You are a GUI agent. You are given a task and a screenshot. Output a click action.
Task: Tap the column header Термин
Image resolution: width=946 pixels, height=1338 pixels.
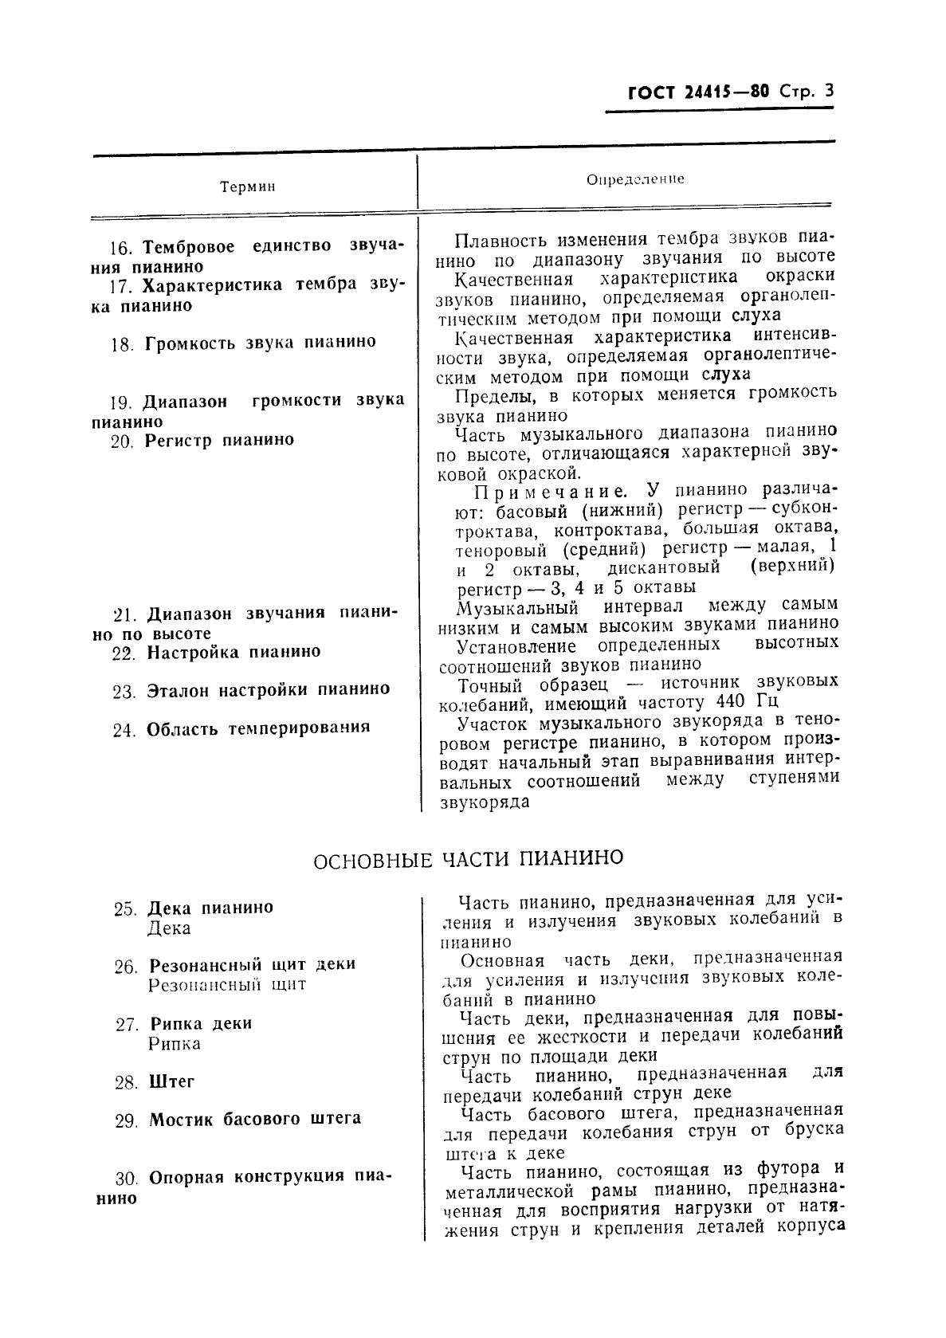coord(248,187)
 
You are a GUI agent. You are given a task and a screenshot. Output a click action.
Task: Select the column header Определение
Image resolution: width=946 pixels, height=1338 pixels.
coord(635,180)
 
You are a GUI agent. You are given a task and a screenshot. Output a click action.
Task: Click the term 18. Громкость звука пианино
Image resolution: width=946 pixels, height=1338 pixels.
coord(243,343)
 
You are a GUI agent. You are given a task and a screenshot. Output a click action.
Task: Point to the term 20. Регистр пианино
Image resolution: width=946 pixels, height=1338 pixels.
coord(202,441)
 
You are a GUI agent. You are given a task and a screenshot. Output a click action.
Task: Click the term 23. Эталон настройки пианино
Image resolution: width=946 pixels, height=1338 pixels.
coord(251,690)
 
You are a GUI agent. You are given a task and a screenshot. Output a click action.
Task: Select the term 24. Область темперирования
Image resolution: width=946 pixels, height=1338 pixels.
coord(241,728)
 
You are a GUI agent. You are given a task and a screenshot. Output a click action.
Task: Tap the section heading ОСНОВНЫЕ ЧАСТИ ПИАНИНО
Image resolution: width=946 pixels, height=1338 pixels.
coord(468,859)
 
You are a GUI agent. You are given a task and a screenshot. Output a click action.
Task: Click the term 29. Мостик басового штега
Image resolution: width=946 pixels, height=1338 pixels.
coord(237,1120)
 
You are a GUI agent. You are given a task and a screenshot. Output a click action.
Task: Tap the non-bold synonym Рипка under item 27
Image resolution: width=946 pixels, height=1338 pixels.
coord(175,1044)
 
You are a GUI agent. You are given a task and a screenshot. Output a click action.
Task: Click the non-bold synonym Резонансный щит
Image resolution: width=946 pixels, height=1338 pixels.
coord(227,985)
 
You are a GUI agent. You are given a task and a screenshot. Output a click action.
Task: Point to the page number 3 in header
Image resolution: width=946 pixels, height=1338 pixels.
coord(829,91)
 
